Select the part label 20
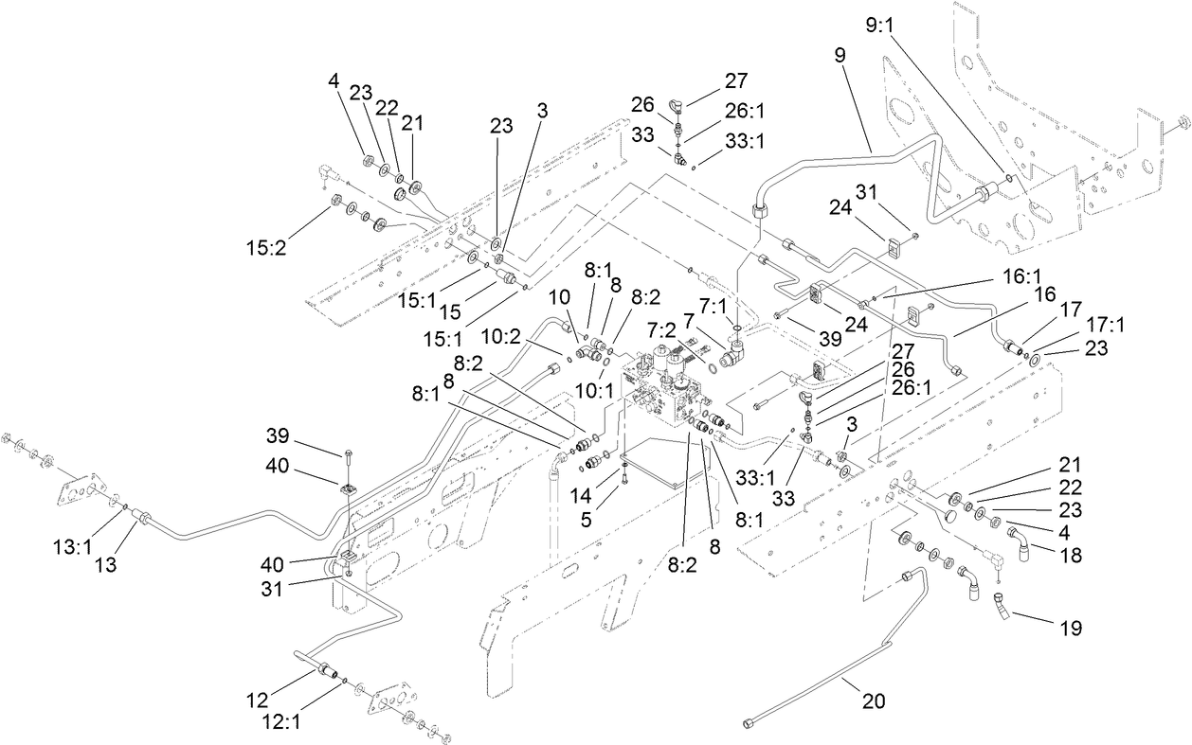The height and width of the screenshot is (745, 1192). [873, 701]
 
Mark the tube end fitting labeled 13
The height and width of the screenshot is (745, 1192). [144, 520]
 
